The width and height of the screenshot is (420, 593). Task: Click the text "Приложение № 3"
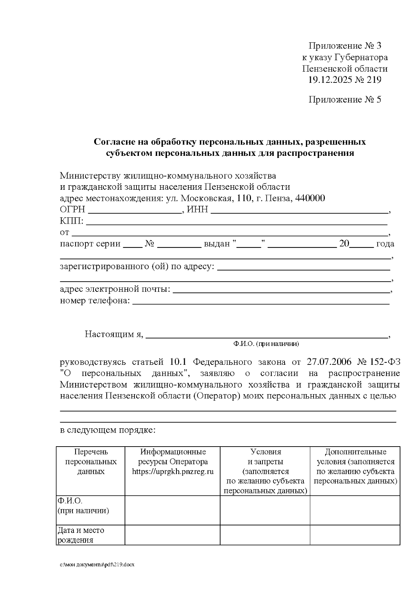(344, 46)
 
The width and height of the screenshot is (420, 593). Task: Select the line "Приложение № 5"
(344, 100)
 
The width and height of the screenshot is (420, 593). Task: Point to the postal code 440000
(310, 198)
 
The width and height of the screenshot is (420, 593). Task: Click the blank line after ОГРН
(134, 211)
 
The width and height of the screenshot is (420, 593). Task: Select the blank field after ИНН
(299, 211)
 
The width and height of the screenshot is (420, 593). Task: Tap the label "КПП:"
(72, 221)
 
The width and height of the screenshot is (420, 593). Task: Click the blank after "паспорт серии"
(133, 245)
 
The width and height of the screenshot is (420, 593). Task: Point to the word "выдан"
(217, 244)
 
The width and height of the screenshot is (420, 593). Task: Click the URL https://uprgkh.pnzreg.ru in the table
(173, 471)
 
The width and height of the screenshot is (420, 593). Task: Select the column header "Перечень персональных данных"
(91, 462)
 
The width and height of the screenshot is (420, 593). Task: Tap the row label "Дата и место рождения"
(81, 535)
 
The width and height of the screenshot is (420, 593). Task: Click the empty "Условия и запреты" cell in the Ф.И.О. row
(265, 510)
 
